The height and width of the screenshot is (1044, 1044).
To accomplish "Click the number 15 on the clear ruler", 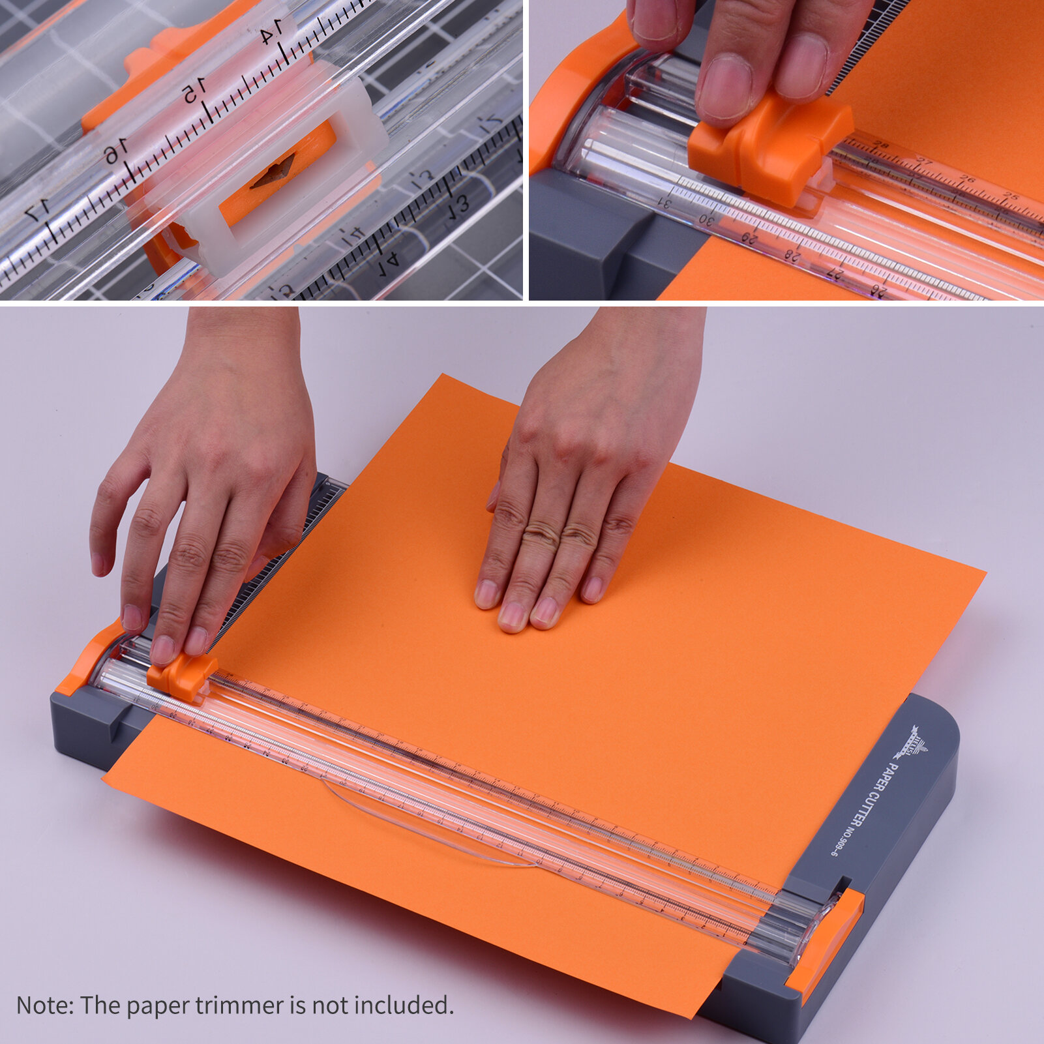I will (194, 91).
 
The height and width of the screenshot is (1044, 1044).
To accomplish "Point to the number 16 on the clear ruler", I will (115, 152).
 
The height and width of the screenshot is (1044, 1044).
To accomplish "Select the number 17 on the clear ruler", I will (37, 210).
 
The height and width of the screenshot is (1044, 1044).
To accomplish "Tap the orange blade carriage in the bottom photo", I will (181, 676).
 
